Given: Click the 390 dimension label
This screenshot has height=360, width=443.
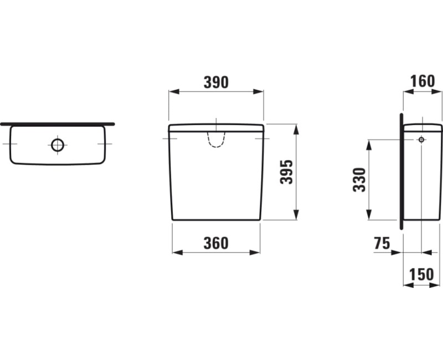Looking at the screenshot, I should point(216,83).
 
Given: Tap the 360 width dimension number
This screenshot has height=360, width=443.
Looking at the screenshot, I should point(216,243).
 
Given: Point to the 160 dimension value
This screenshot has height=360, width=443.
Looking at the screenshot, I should point(423,81).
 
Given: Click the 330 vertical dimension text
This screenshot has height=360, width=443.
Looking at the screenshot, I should point(360,179).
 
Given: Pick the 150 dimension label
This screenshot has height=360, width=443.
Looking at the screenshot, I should point(423,275).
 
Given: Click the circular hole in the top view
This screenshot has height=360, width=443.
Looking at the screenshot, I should point(58,145).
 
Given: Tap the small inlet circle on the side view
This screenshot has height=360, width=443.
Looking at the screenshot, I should point(421,140).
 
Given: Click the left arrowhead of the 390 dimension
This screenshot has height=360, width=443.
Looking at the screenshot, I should point(172,92).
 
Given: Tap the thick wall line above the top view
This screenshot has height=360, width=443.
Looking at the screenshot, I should point(58,124).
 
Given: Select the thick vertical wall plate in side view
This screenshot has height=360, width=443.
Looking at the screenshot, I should point(400,172).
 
